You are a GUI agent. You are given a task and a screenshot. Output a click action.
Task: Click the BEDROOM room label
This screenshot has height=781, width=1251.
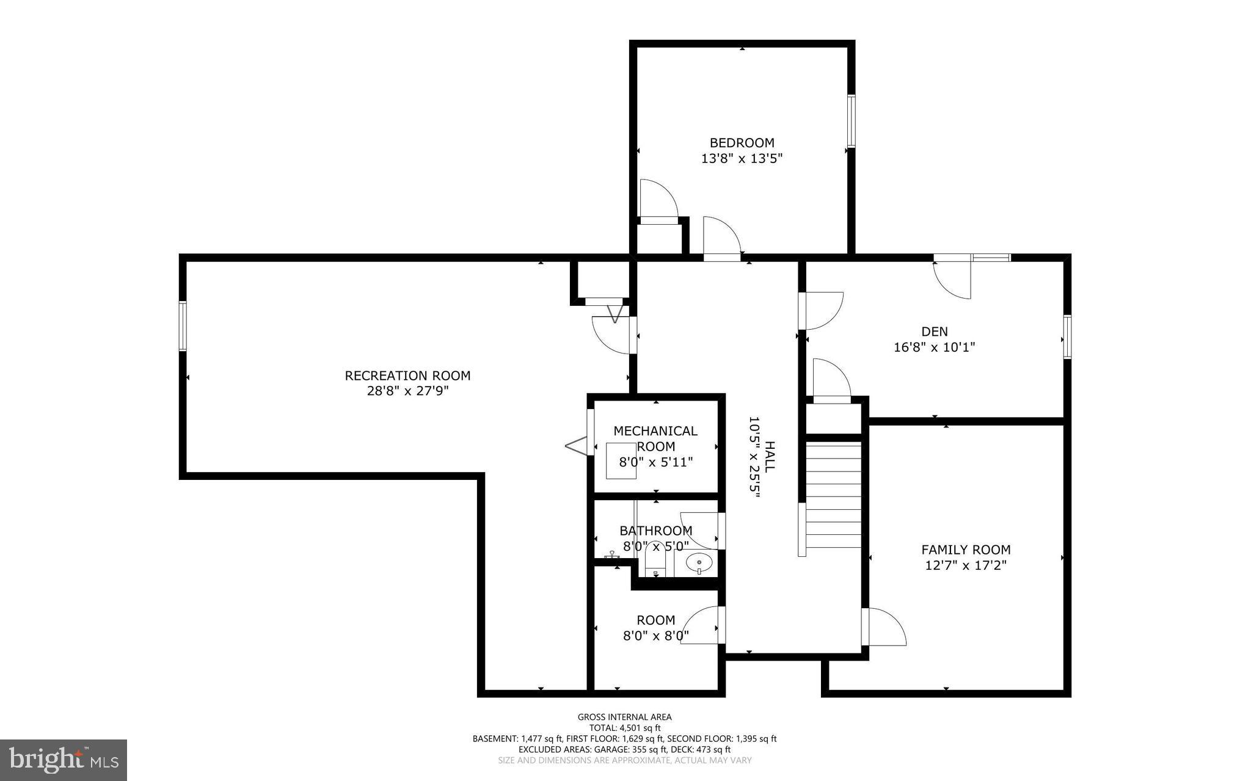tap(742, 143)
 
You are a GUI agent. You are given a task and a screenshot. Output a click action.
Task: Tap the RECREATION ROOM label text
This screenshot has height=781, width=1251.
tap(407, 376)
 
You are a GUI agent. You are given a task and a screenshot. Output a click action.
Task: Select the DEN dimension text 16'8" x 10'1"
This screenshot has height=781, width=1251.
tap(934, 347)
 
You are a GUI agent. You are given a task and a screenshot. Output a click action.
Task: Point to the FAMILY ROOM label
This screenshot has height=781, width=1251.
tap(966, 550)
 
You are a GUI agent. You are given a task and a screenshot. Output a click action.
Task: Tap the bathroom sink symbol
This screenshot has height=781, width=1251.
tap(699, 562)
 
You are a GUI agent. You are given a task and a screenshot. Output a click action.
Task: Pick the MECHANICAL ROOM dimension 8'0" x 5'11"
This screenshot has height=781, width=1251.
tap(656, 462)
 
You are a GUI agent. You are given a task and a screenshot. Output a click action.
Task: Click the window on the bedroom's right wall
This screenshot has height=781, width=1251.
tap(850, 121)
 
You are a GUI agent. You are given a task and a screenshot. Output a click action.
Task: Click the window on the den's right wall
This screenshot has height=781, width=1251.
tap(1067, 336)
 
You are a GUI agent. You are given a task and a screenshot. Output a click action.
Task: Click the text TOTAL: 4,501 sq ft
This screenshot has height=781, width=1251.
tap(624, 728)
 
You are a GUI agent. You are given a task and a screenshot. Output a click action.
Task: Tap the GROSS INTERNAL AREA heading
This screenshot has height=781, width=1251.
tap(624, 717)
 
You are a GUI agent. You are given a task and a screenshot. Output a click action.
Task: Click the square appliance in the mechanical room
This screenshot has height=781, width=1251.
tap(621, 460)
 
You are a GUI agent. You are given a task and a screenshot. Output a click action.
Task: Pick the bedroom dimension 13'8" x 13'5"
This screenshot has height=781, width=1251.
tap(742, 159)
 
